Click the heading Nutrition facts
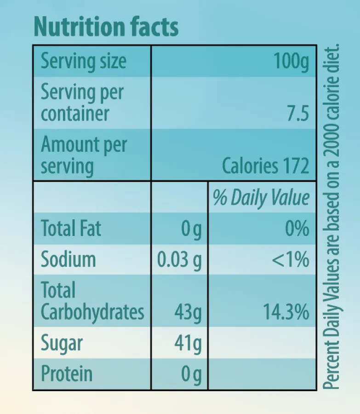(106, 27)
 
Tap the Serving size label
(84, 62)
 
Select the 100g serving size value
(291, 62)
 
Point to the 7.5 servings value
(298, 114)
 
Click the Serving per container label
(82, 103)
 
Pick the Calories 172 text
(265, 166)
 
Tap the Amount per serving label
(84, 155)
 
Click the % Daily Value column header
(261, 197)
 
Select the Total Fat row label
(71, 228)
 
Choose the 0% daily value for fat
(297, 228)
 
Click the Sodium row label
(69, 259)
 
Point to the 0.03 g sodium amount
(179, 260)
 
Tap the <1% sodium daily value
(290, 259)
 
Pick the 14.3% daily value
(286, 312)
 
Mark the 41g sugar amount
(188, 344)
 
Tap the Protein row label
(67, 374)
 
